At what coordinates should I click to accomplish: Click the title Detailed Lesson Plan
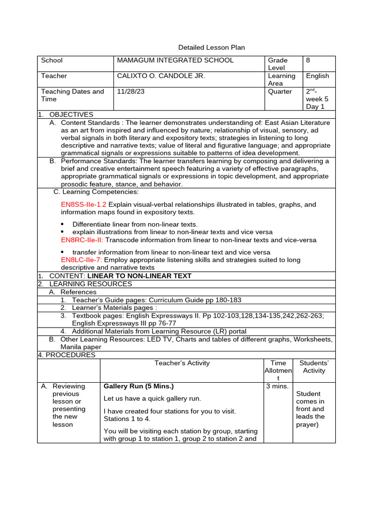coord(211,47)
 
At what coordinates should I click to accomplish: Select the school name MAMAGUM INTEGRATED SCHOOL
coord(175,60)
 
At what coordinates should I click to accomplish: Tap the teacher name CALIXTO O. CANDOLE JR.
coord(160,76)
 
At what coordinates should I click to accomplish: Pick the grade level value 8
coord(308,60)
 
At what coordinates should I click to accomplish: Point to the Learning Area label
coord(282,80)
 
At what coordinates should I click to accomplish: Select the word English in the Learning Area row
coord(317,76)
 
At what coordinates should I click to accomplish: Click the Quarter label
coord(280,91)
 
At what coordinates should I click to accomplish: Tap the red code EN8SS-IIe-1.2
coord(84,204)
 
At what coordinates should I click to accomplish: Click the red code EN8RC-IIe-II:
coord(82,240)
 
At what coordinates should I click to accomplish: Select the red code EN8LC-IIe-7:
coord(82,259)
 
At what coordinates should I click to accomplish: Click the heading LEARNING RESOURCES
coord(91,284)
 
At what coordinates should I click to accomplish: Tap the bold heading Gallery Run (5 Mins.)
coord(138,386)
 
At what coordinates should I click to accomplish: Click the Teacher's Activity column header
coord(182,363)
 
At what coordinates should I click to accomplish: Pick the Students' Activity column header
coord(314,367)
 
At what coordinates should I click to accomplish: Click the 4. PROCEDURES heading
coord(67,355)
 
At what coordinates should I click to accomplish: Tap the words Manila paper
coord(81,347)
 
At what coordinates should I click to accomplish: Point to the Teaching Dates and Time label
coord(73,95)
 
